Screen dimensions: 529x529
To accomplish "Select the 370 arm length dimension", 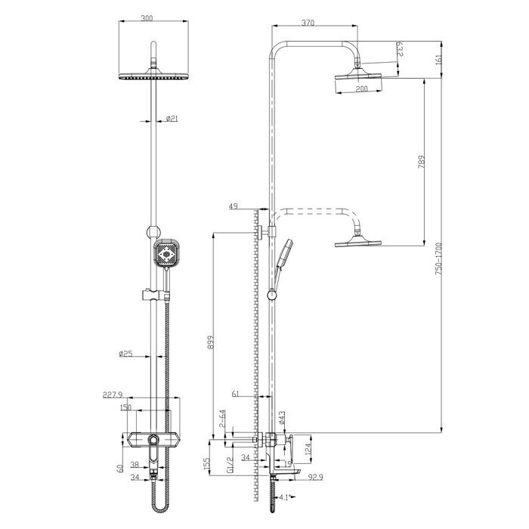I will point(308,23).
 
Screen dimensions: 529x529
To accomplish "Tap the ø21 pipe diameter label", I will point(171,119).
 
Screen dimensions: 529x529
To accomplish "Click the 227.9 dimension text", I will point(113,394).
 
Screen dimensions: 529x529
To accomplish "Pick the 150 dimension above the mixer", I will point(125,407).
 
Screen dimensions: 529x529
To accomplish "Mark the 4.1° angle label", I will point(283,497).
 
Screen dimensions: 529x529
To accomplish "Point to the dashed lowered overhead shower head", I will point(359,242).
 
